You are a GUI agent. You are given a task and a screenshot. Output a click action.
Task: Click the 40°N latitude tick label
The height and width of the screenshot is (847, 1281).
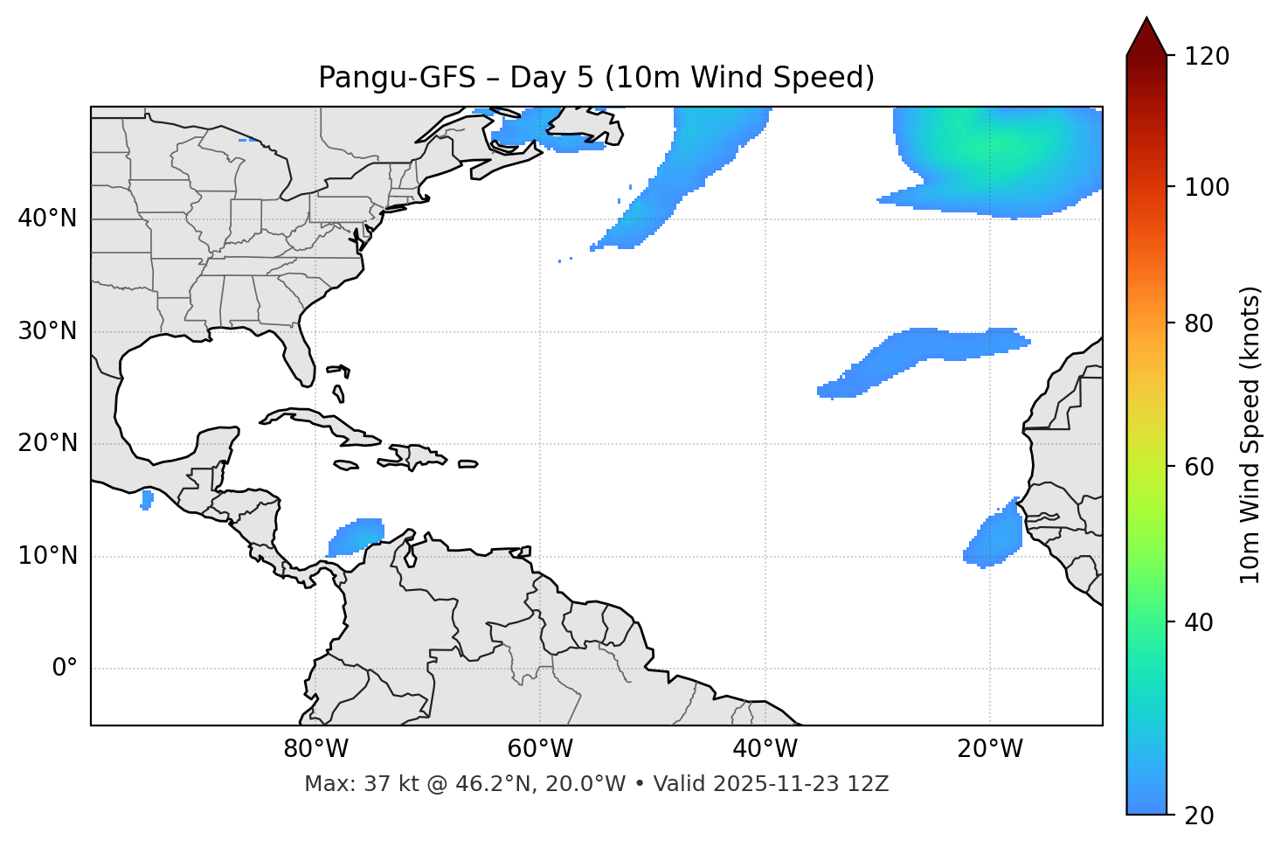47,219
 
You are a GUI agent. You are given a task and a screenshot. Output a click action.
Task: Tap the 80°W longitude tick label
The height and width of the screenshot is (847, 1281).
315,749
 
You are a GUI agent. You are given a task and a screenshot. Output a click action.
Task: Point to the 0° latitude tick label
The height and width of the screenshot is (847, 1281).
65,669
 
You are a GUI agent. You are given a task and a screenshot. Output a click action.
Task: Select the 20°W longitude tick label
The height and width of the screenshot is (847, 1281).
990,749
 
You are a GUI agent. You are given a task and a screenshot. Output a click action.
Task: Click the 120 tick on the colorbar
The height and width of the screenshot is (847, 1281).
1207,57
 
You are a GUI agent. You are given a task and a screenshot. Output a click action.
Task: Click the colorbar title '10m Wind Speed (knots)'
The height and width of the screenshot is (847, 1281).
1250,434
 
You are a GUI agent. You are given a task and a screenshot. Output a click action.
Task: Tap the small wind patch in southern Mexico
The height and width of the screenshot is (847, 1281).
147,500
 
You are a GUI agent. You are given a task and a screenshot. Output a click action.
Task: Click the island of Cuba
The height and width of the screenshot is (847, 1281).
315,420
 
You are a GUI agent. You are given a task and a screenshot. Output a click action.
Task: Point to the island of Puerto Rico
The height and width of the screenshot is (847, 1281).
468,464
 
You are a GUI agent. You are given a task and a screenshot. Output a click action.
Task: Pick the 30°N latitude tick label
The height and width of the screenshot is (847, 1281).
47,331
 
